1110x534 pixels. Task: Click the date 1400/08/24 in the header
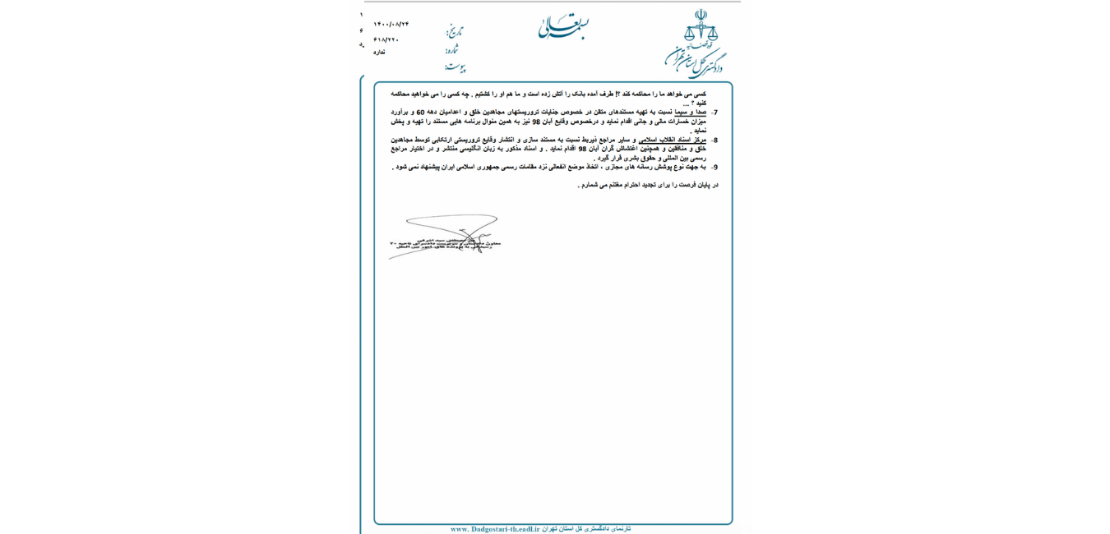pyautogui.click(x=391, y=24)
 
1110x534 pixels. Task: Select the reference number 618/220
pyautogui.click(x=386, y=39)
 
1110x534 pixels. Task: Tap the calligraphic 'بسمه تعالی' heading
pyautogui.click(x=563, y=27)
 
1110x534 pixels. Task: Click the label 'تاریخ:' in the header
pyautogui.click(x=455, y=31)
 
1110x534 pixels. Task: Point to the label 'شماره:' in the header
pyautogui.click(x=453, y=49)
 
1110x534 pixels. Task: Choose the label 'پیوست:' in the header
pyautogui.click(x=455, y=67)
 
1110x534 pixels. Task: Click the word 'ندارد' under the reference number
pyautogui.click(x=379, y=52)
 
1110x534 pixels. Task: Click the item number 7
pyautogui.click(x=715, y=113)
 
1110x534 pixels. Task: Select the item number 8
pyautogui.click(x=715, y=140)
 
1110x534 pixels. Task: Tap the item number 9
pyautogui.click(x=715, y=167)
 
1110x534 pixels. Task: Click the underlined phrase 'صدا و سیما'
pyautogui.click(x=691, y=112)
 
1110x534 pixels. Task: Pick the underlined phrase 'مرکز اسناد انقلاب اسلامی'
pyautogui.click(x=673, y=140)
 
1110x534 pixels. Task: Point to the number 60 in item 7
pyautogui.click(x=420, y=112)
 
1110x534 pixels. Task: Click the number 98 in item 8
pyautogui.click(x=582, y=149)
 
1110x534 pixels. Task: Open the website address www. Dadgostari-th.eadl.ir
pyautogui.click(x=495, y=529)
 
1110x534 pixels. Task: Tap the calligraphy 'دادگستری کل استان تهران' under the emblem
pyautogui.click(x=695, y=62)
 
